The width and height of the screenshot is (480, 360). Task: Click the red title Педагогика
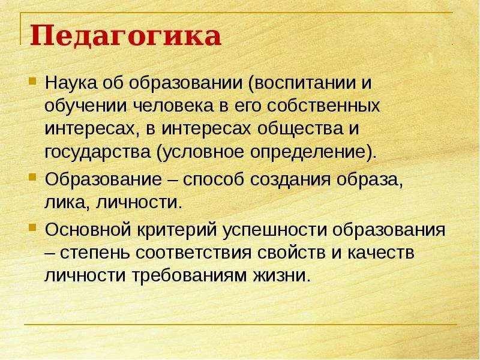coord(125,36)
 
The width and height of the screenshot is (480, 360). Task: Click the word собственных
coord(323,106)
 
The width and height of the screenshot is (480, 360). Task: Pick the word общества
coord(300,129)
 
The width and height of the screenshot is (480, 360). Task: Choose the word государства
coord(98,152)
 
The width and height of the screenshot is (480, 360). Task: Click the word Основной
coord(88,230)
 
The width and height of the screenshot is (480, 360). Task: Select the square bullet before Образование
coord(32,177)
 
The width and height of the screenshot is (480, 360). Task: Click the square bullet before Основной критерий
coord(32,227)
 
